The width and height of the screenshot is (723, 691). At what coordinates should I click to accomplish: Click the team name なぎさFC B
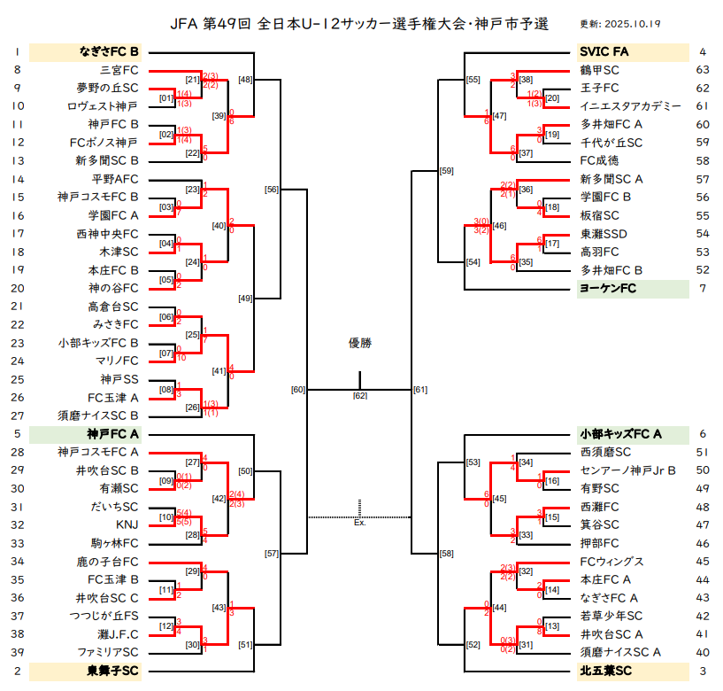click(109, 51)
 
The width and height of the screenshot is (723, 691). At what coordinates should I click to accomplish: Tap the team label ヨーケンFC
click(608, 289)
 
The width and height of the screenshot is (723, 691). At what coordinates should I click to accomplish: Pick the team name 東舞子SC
click(112, 671)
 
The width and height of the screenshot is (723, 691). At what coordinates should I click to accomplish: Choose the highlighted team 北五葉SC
click(606, 671)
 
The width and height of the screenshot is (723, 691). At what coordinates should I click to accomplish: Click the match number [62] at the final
click(360, 396)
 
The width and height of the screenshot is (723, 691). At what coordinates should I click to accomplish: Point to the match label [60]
click(298, 390)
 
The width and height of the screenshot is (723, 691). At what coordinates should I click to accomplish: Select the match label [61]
click(420, 390)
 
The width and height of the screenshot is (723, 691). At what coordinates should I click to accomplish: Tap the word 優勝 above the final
click(360, 343)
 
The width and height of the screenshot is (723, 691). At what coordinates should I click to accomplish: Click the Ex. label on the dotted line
click(359, 523)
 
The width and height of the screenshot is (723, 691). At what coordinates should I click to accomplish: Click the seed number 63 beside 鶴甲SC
click(703, 70)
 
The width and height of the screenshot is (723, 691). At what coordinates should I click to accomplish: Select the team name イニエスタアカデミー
click(630, 106)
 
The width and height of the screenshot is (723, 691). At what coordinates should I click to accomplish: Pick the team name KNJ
click(127, 524)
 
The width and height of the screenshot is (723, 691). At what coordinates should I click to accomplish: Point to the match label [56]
click(272, 190)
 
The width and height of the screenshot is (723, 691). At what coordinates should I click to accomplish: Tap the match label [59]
click(446, 171)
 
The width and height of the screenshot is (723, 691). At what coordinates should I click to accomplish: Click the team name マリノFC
click(117, 361)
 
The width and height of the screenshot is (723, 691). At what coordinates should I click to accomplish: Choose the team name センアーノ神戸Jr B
click(627, 470)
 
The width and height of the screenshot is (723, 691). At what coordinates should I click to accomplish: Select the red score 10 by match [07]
click(181, 358)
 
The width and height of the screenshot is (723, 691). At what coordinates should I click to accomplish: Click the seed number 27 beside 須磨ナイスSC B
click(18, 415)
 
